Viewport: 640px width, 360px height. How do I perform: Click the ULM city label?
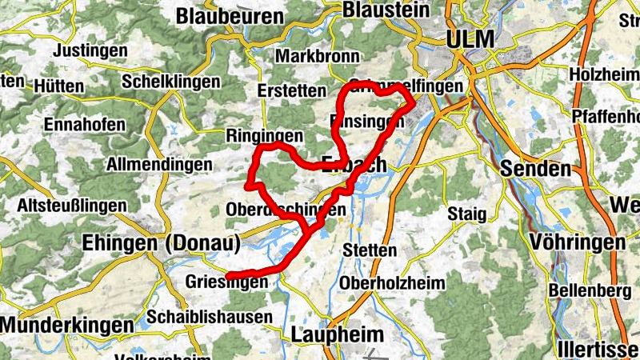coord(471,38)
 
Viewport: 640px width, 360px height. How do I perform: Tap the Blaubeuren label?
coord(230,16)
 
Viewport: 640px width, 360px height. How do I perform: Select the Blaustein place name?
coord(386,10)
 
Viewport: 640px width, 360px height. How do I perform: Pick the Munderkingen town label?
coord(67,325)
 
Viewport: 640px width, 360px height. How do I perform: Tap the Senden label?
coord(536,169)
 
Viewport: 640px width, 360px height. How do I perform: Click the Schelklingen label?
coord(170,82)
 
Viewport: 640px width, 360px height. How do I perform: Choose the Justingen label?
coord(90,50)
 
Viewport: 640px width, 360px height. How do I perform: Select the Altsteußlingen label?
coord(72,206)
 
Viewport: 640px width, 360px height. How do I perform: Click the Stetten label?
coord(369,250)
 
